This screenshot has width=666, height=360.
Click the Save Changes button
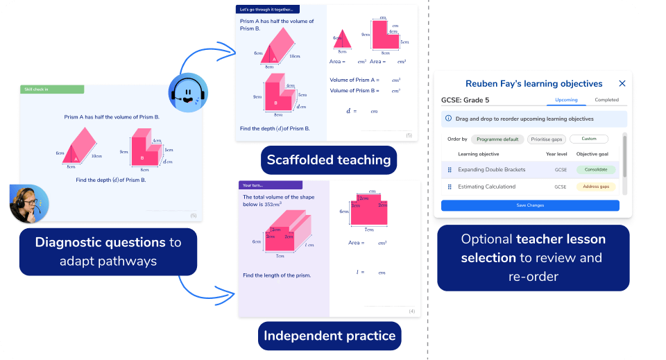point(530,205)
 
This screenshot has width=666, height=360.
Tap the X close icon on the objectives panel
point(622,83)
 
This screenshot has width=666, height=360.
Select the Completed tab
point(606,101)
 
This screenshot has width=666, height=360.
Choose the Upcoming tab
point(566,101)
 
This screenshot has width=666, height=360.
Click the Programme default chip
point(497,139)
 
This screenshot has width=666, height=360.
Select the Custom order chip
point(588,139)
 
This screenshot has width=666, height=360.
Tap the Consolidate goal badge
point(596,169)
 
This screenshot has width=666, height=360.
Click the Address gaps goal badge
point(596,187)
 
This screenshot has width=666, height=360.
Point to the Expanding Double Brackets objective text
point(492,169)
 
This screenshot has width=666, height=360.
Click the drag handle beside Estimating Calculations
point(450,187)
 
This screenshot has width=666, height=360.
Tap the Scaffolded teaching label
point(329,160)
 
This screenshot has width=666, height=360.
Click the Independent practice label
point(330,336)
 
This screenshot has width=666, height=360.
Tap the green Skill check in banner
point(52,89)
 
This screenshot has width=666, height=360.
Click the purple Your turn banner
point(271,185)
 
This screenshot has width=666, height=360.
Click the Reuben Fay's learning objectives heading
point(533,83)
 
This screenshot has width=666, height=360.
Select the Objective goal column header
point(596,154)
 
